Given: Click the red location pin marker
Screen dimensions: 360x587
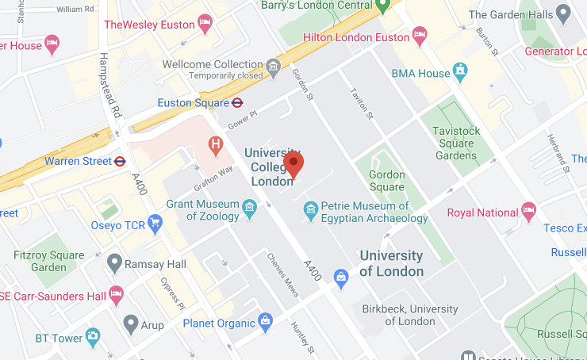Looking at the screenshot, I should [293, 164].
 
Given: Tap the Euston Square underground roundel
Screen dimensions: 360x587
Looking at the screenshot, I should [236, 102].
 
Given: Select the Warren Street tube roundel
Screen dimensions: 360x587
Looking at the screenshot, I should [120, 161].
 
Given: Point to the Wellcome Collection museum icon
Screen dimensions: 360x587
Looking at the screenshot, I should [274, 64].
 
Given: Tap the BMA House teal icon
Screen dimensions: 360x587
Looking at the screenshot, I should [459, 74].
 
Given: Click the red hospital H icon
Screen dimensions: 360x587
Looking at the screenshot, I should [213, 144].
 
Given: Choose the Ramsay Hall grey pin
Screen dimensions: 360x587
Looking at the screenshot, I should [115, 262].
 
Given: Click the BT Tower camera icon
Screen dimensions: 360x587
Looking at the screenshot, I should [93, 338].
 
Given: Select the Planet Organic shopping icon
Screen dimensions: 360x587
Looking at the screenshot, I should [265, 322].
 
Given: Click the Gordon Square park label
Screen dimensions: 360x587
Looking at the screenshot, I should [387, 180].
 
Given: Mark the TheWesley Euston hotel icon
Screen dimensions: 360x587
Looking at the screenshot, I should [205, 24].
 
